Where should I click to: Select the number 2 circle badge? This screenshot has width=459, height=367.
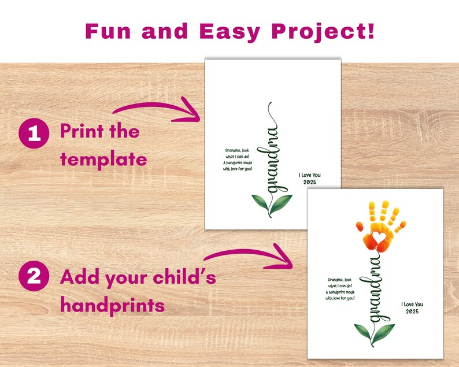click(x=34, y=277)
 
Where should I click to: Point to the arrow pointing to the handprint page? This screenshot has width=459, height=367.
click(x=249, y=255)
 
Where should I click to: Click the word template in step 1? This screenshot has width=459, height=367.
click(x=103, y=158)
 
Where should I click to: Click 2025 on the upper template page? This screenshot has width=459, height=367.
click(x=309, y=183)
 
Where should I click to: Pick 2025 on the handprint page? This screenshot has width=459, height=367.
click(x=412, y=313)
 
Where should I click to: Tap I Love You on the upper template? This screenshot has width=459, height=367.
click(x=309, y=174)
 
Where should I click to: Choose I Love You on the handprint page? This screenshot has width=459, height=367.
click(x=412, y=304)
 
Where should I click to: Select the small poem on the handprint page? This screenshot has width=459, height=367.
click(x=339, y=289)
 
